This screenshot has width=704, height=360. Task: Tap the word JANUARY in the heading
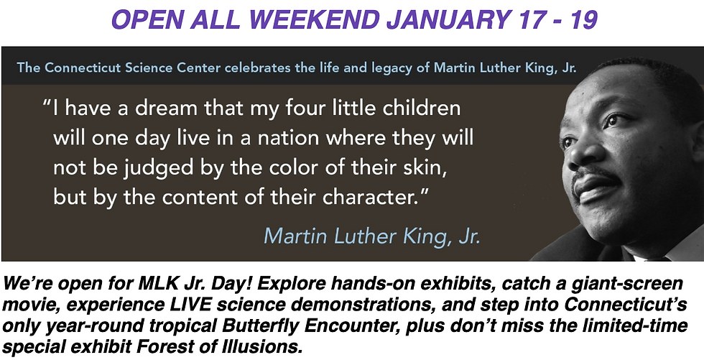[x=446, y=19]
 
